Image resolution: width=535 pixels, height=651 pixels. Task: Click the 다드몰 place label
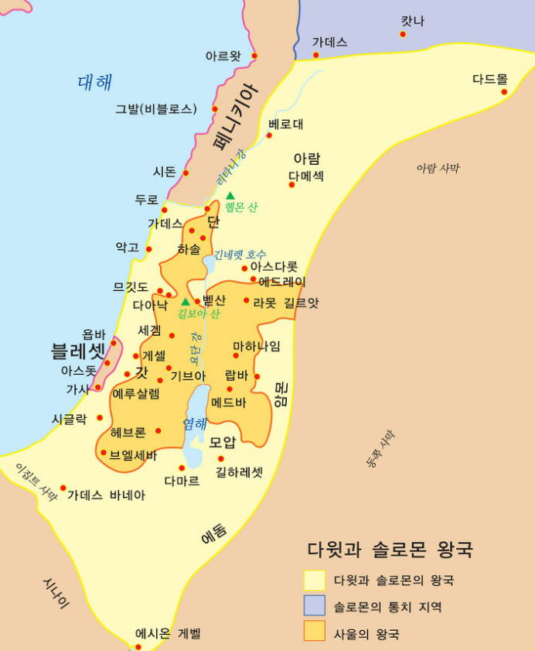[x=490, y=79]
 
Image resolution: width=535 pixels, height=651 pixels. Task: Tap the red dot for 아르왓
[x=254, y=56]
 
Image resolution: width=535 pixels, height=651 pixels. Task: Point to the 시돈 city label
[x=165, y=171]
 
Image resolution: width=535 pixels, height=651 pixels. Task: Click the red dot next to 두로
[x=164, y=210]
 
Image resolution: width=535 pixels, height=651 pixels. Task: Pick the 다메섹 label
[x=306, y=176]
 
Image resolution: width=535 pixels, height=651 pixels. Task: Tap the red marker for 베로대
[x=269, y=135]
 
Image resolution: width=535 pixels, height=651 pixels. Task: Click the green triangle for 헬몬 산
[x=230, y=195]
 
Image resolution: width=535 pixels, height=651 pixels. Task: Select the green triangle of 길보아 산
[x=186, y=301]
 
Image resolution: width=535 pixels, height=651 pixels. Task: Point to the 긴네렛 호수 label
[x=240, y=254]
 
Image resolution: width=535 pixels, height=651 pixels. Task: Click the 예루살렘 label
[x=136, y=393]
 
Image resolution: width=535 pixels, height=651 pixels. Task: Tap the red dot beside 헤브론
[x=158, y=430]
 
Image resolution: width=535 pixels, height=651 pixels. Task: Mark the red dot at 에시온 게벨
[x=138, y=646]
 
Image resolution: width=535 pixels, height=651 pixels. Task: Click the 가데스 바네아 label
[x=106, y=495]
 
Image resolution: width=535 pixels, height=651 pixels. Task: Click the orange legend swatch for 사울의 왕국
[x=315, y=631]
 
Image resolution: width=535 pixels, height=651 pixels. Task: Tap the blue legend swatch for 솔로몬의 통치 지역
[x=315, y=605]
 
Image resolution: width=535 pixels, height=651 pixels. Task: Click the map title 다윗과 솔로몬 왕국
[x=390, y=550]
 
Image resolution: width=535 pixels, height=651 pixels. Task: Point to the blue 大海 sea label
[x=95, y=83]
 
